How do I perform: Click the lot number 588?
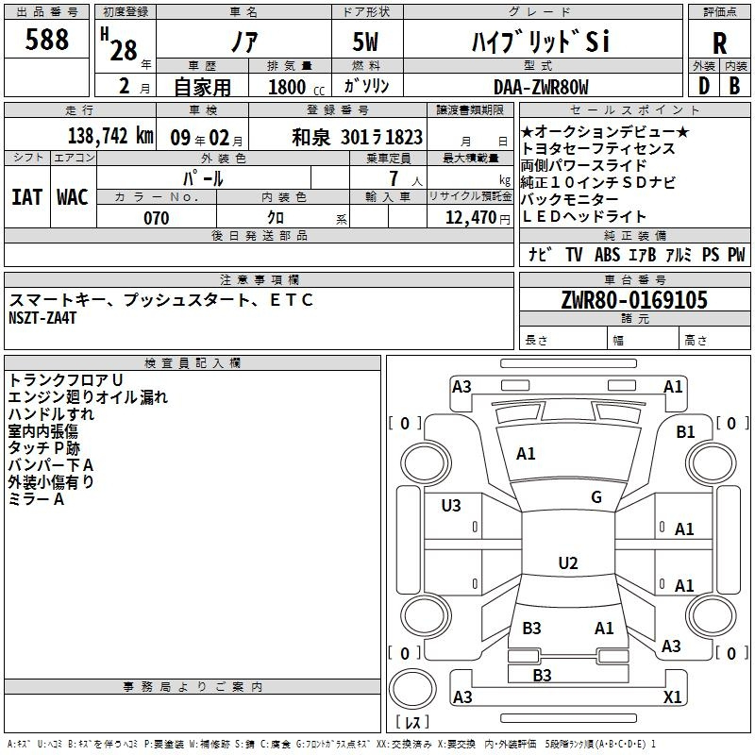pyautogui.click(x=46, y=39)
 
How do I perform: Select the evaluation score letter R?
pyautogui.click(x=719, y=43)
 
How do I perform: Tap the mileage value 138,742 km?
pyautogui.click(x=110, y=136)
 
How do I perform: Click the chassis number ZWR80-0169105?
pyautogui.click(x=634, y=299)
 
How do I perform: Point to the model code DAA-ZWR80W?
pyautogui.click(x=541, y=87)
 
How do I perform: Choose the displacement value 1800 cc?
pyautogui.click(x=296, y=87)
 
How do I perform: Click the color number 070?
pyautogui.click(x=157, y=218)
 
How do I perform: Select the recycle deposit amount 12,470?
pyautogui.click(x=470, y=218)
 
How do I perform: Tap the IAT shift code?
pyautogui.click(x=27, y=197)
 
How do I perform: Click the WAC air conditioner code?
pyautogui.click(x=73, y=197)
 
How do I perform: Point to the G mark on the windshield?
pyautogui.click(x=596, y=497)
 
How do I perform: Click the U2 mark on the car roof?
pyautogui.click(x=568, y=562)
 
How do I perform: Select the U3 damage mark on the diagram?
pyautogui.click(x=451, y=505)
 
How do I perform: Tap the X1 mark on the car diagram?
pyautogui.click(x=672, y=696)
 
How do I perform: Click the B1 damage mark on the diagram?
pyautogui.click(x=685, y=432)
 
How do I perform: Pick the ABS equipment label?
pyautogui.click(x=607, y=255)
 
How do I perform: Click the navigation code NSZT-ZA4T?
pyautogui.click(x=42, y=318)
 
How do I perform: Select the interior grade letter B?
pyautogui.click(x=734, y=86)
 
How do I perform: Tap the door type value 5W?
pyautogui.click(x=365, y=42)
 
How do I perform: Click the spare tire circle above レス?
pyautogui.click(x=412, y=688)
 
